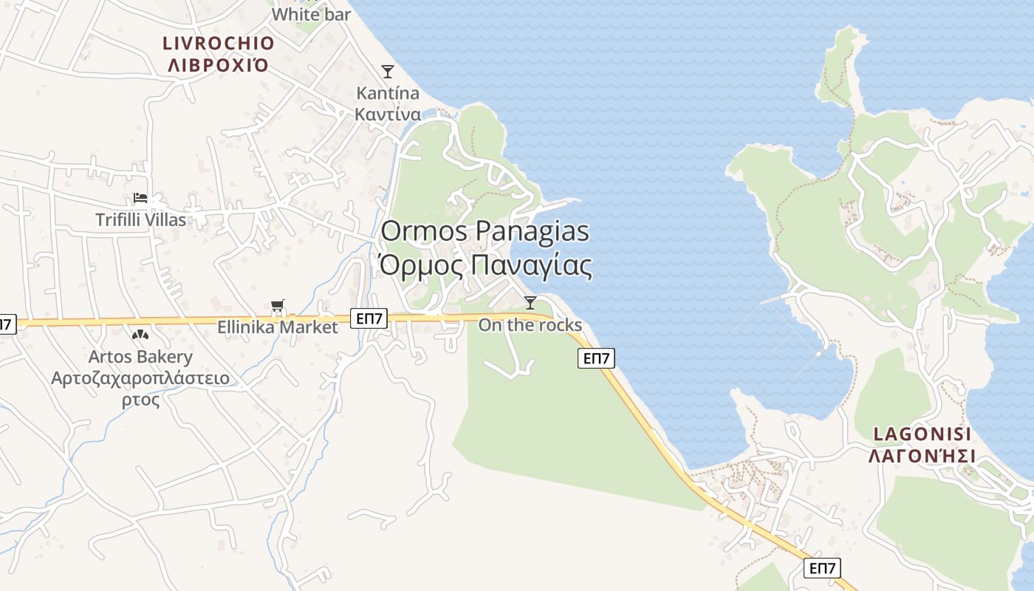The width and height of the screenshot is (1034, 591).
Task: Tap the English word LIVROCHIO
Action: (219, 44)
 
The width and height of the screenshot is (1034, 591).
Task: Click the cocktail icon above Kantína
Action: (388, 72)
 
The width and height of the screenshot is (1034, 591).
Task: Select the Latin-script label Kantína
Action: (388, 93)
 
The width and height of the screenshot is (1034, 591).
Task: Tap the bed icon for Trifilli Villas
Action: (140, 198)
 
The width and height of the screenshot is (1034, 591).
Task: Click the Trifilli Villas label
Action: (141, 219)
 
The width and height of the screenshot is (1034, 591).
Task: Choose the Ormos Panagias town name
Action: (485, 231)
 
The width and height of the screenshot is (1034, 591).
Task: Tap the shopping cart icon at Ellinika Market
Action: (278, 306)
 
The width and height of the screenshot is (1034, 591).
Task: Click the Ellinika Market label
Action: (278, 327)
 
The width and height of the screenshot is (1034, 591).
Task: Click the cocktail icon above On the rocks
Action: (530, 302)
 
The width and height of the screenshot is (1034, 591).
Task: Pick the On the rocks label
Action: (530, 325)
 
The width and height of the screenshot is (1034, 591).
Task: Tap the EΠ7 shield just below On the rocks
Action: (596, 358)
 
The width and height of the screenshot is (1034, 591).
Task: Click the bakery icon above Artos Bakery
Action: (140, 335)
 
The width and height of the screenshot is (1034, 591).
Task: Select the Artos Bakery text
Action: (140, 357)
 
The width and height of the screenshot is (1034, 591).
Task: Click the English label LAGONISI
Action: (922, 434)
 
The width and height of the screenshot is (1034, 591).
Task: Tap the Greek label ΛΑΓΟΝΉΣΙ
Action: (922, 455)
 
